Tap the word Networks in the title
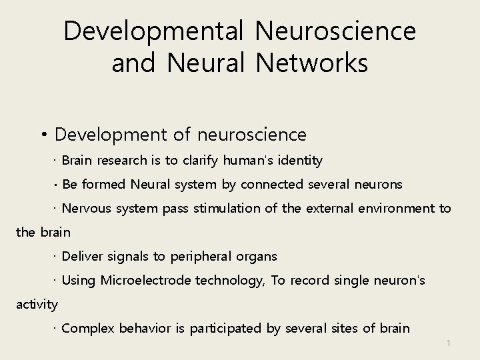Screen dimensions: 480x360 (311, 63)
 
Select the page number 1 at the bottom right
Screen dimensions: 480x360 (449, 343)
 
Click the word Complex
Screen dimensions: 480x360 (87, 329)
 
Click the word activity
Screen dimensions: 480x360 (37, 305)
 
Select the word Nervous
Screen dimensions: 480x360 (86, 209)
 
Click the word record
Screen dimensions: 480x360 (309, 281)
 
